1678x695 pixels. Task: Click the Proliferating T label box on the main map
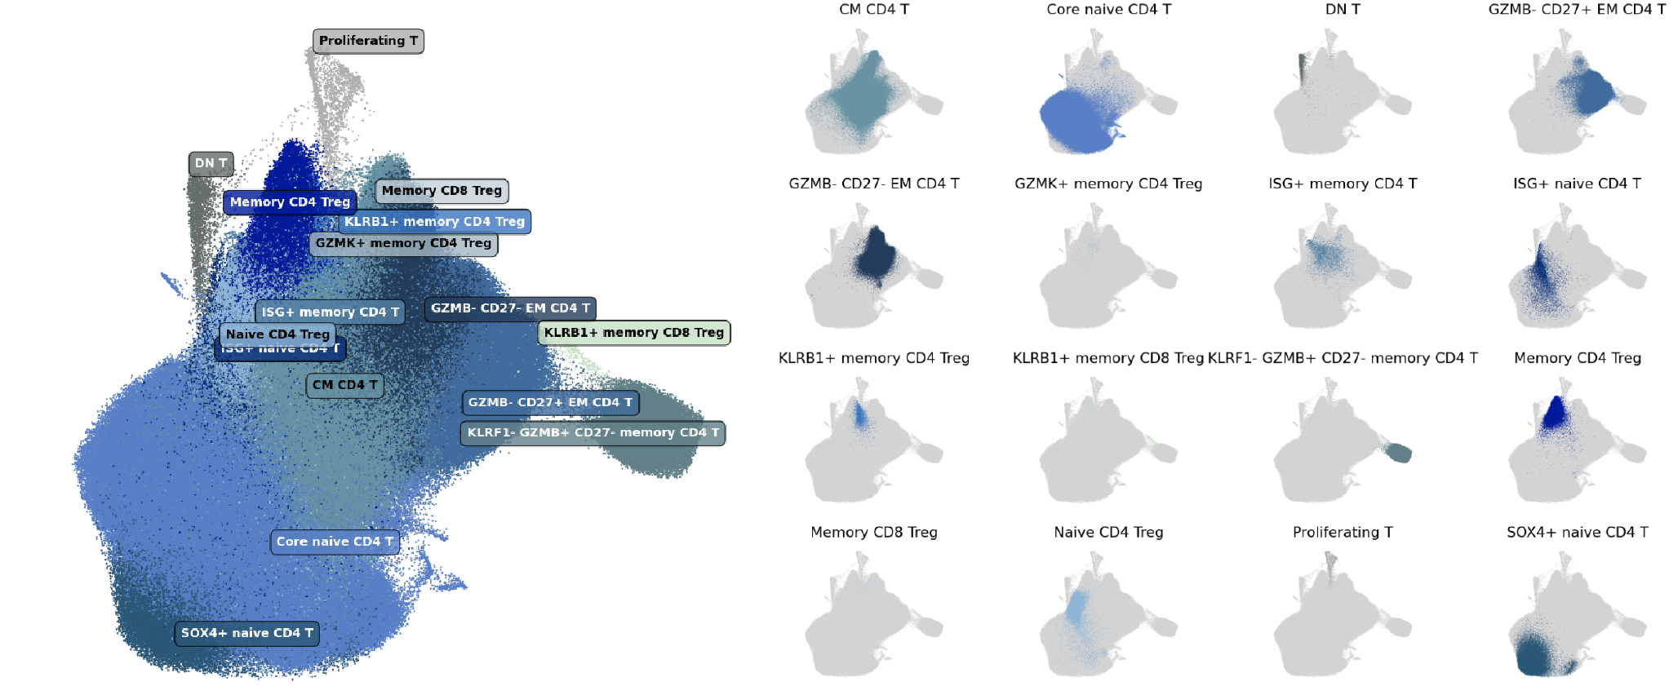tap(368, 41)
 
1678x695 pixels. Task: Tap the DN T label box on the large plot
tap(211, 164)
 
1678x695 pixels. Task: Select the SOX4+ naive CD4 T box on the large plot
tap(246, 633)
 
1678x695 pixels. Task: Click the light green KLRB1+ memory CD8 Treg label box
tap(633, 333)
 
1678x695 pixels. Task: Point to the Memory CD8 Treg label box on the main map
tap(442, 191)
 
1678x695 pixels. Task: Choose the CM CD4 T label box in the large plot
tap(344, 385)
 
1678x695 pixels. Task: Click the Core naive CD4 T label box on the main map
tap(335, 542)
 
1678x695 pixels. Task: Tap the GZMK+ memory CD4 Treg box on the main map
tap(403, 243)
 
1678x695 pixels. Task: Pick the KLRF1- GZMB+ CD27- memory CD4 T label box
tap(593, 433)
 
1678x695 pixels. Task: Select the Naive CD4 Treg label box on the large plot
tap(277, 334)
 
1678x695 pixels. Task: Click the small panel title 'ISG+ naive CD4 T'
tap(1577, 184)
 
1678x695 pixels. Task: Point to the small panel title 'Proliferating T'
tap(1343, 532)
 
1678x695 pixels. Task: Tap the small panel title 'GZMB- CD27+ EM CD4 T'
tap(1577, 9)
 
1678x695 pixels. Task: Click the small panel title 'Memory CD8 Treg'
tap(874, 532)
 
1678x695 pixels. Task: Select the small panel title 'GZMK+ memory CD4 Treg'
tap(1108, 184)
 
